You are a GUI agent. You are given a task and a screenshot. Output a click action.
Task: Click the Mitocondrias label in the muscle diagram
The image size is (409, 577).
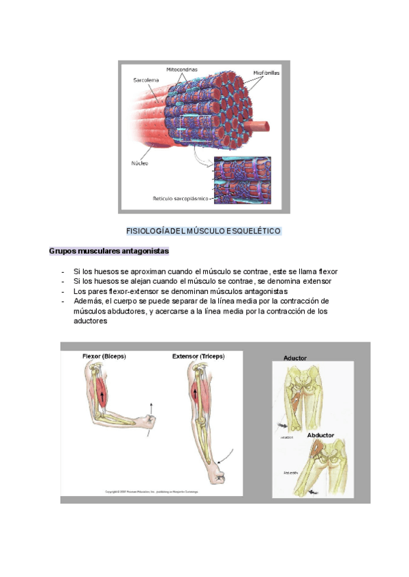(181, 70)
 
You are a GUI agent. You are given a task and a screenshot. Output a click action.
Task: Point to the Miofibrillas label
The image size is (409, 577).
(266, 72)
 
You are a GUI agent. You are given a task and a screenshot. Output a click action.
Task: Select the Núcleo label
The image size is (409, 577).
(140, 163)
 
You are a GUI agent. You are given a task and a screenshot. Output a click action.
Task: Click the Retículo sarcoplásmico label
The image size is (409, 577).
(181, 199)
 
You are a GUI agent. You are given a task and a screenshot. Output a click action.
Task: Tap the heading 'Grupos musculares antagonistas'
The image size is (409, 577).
(109, 251)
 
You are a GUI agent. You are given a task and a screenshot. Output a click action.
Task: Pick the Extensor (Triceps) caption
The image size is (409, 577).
(198, 356)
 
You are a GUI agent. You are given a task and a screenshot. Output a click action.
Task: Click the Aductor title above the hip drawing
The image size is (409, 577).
(295, 358)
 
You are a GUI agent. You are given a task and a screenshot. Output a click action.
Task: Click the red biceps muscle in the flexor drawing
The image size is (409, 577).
(103, 393)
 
